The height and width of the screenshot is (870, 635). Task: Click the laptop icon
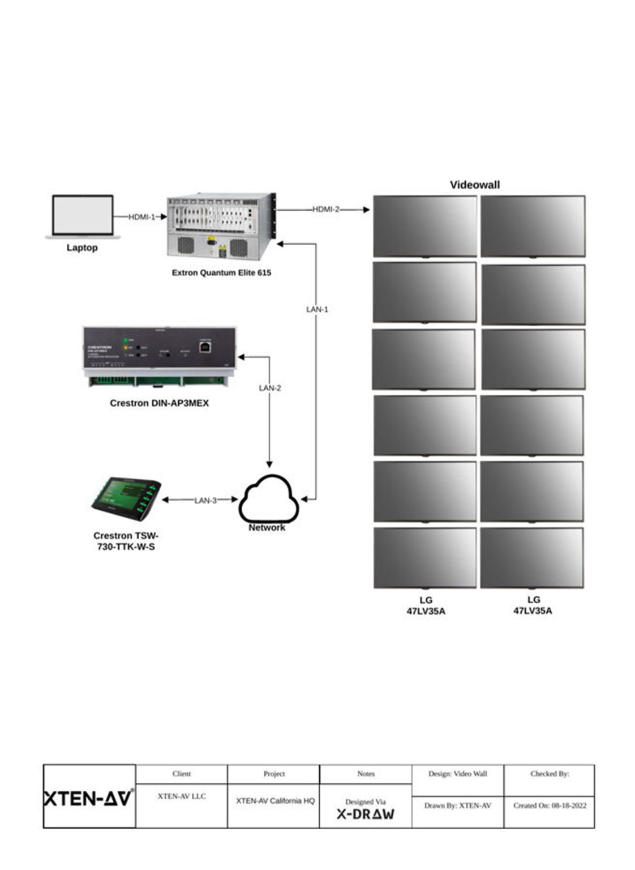click(83, 216)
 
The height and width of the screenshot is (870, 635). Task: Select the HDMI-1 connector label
click(141, 217)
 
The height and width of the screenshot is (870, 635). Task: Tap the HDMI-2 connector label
click(326, 209)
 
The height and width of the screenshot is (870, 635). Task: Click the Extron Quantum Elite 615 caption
click(221, 272)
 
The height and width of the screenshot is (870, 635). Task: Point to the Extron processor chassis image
click(221, 227)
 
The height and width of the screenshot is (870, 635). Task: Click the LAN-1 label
click(317, 309)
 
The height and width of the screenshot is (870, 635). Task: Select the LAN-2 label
click(269, 388)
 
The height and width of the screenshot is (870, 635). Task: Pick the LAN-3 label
click(205, 500)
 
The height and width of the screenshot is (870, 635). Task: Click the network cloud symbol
click(268, 499)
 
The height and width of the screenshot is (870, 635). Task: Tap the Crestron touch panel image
click(127, 498)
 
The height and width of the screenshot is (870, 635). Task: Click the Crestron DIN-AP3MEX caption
click(159, 403)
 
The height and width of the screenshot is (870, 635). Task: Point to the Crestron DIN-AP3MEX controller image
click(160, 357)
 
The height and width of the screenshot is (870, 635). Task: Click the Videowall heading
click(474, 185)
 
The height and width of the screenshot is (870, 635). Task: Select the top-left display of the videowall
click(424, 226)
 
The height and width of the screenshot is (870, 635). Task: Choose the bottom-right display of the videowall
click(531, 558)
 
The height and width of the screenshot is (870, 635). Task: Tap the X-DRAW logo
click(365, 814)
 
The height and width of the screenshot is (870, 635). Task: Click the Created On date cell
click(549, 805)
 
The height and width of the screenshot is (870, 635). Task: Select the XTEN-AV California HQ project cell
click(275, 801)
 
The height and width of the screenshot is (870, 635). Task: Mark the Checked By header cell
click(549, 774)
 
